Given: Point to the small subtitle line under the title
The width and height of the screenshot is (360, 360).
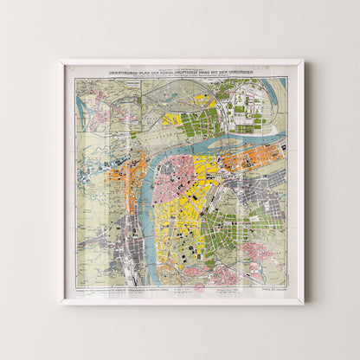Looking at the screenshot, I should (x=181, y=77).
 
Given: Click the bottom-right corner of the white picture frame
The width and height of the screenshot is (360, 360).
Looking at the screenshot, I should (x=302, y=302).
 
